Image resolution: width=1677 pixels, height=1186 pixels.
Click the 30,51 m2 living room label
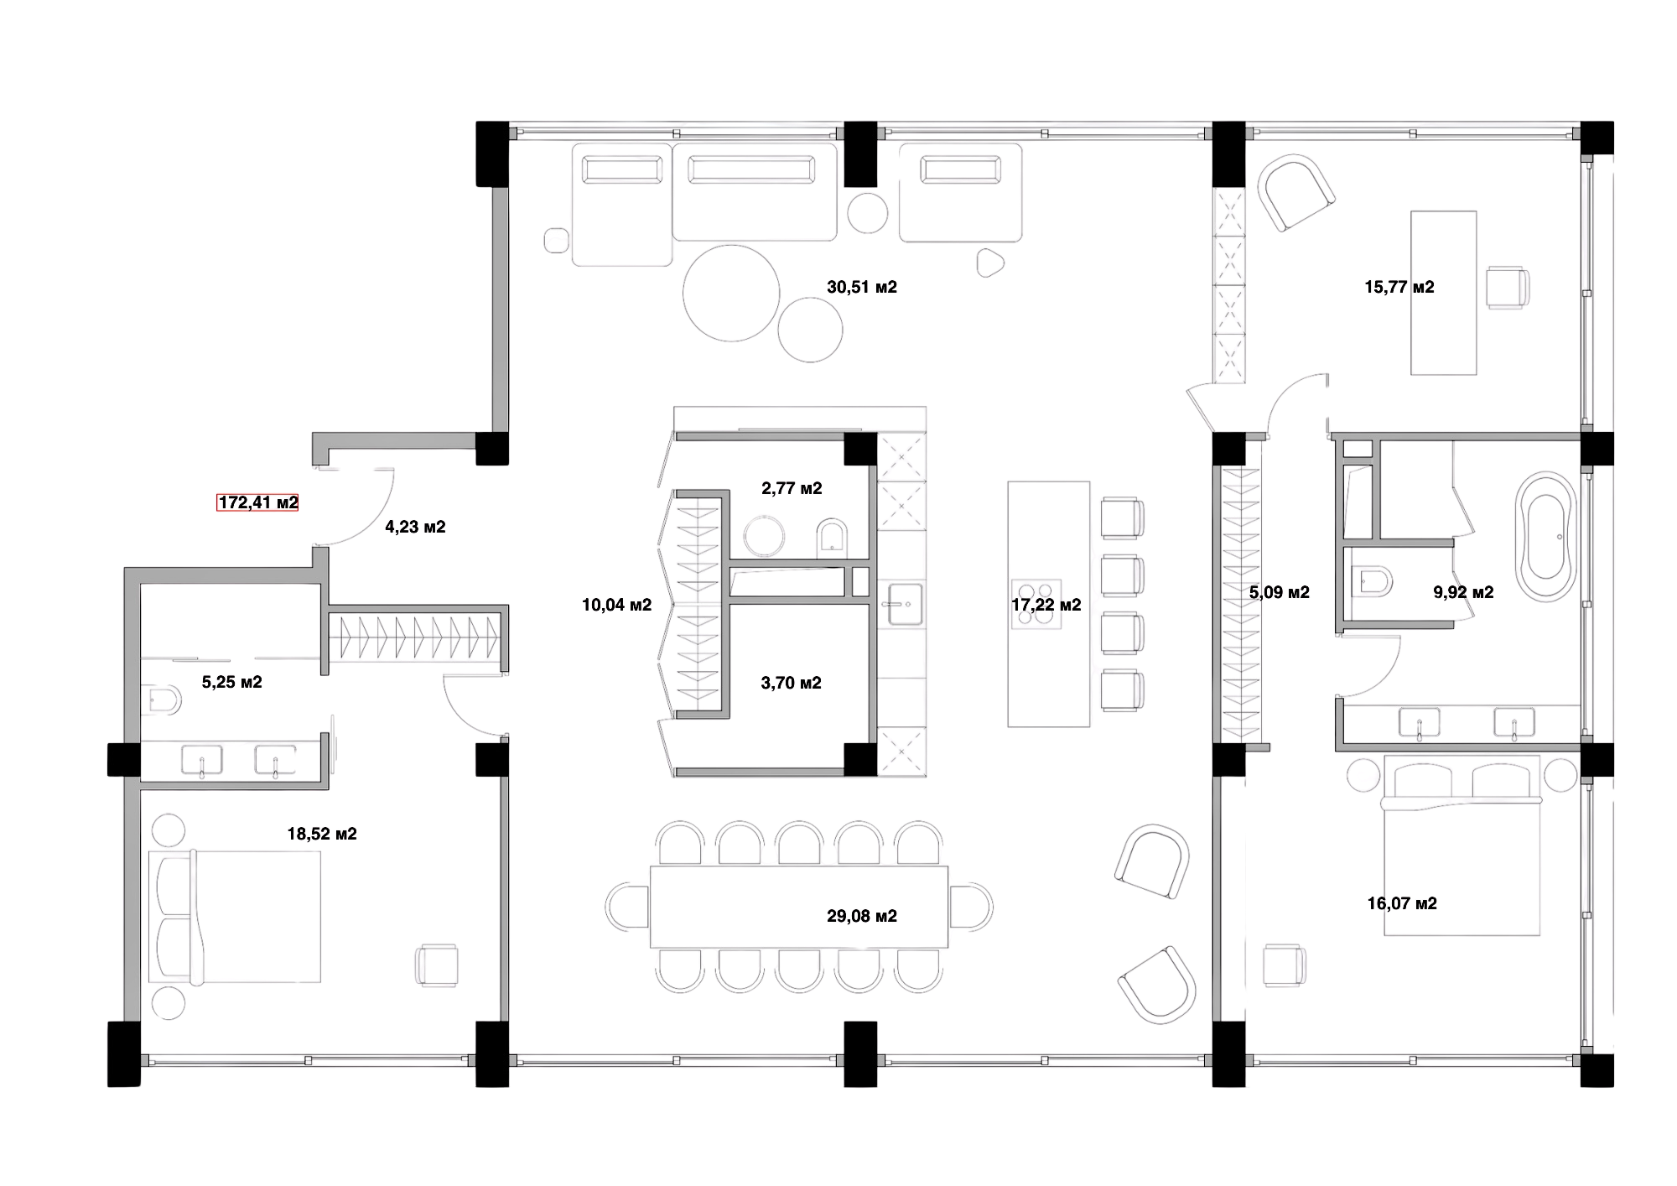coord(862,288)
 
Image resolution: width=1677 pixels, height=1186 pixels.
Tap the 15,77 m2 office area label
coord(1399,288)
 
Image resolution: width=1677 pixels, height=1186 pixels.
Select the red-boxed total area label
coord(257,503)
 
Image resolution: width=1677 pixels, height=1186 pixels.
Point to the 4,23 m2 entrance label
coord(414,528)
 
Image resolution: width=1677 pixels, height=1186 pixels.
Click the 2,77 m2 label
coord(791,488)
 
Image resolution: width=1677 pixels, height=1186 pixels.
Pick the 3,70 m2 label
coord(791,683)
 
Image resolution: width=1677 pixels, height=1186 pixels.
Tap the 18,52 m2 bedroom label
coord(322,834)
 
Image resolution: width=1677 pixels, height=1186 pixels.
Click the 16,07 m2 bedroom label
coord(1403,903)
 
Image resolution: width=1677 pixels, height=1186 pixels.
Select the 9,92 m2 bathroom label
coord(1463,592)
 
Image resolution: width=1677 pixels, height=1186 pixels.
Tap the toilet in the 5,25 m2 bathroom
coord(162,700)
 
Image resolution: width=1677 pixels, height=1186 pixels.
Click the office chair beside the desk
coord(1508,288)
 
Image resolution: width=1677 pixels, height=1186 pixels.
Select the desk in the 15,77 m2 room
coord(1444,292)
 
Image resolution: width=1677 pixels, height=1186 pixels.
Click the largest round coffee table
coord(731,293)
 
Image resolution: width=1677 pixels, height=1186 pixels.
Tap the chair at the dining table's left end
coord(625,907)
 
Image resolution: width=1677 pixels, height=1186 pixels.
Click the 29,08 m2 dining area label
coord(862,916)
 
